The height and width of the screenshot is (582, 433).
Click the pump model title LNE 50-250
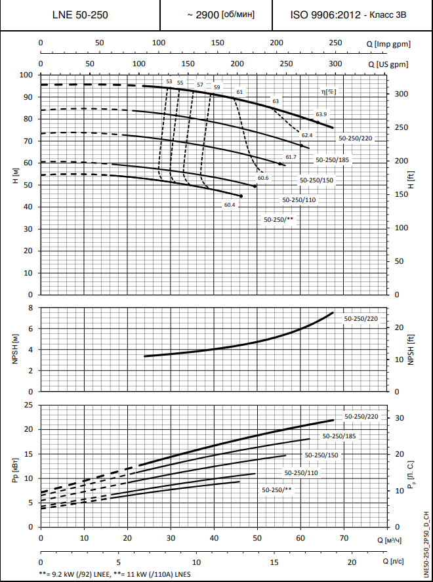pyautogui.click(x=80, y=14)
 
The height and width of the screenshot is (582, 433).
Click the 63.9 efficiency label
pyautogui.click(x=321, y=114)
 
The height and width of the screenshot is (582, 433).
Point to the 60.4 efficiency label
pyautogui.click(x=229, y=205)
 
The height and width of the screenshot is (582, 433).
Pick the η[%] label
pyautogui.click(x=328, y=92)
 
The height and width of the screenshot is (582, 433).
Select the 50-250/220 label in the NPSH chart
pyautogui.click(x=361, y=318)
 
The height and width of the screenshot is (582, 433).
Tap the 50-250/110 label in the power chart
pyautogui.click(x=301, y=472)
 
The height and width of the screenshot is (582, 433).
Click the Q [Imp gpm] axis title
pyautogui.click(x=388, y=43)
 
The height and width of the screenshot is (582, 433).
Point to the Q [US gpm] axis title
pyautogui.click(x=388, y=64)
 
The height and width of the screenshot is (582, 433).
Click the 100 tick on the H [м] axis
pyautogui.click(x=26, y=75)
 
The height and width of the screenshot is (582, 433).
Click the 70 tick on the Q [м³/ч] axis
pyautogui.click(x=343, y=539)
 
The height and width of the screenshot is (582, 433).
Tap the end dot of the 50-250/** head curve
pyautogui.click(x=241, y=196)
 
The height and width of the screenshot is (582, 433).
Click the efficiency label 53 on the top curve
pyautogui.click(x=169, y=81)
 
